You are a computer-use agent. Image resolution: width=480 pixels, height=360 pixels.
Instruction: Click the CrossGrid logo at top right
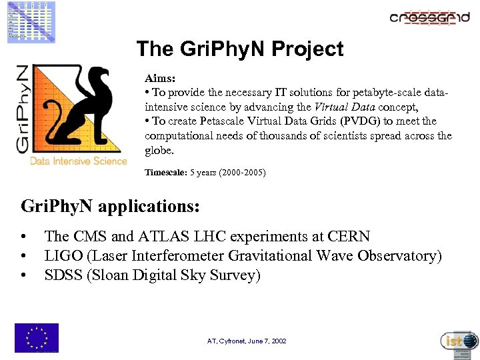(x=429, y=17)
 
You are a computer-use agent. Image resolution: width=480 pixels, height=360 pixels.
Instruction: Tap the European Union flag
(x=37, y=337)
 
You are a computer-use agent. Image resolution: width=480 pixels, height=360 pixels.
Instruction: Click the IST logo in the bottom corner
(x=459, y=341)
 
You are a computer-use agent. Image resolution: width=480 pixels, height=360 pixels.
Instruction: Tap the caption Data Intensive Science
(x=78, y=161)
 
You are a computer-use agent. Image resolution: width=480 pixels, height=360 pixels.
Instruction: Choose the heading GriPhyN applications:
(x=110, y=206)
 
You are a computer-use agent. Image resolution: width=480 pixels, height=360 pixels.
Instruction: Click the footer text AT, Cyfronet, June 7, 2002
(x=247, y=341)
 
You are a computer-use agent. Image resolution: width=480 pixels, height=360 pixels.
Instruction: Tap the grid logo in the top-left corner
(x=31, y=21)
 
